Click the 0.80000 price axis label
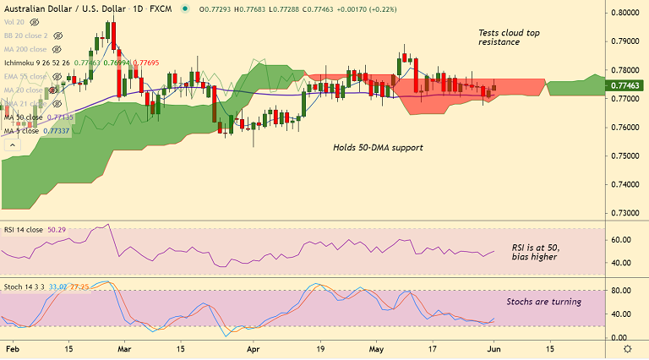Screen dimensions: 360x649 (x=626, y=14)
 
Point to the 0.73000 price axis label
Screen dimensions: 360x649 (x=626, y=213)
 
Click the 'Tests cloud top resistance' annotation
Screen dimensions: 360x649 (x=509, y=37)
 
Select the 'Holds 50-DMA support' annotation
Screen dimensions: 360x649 (x=378, y=147)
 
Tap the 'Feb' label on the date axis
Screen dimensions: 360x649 (x=12, y=348)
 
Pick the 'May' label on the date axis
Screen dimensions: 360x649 (x=376, y=348)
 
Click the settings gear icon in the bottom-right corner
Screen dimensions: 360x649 (x=626, y=348)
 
